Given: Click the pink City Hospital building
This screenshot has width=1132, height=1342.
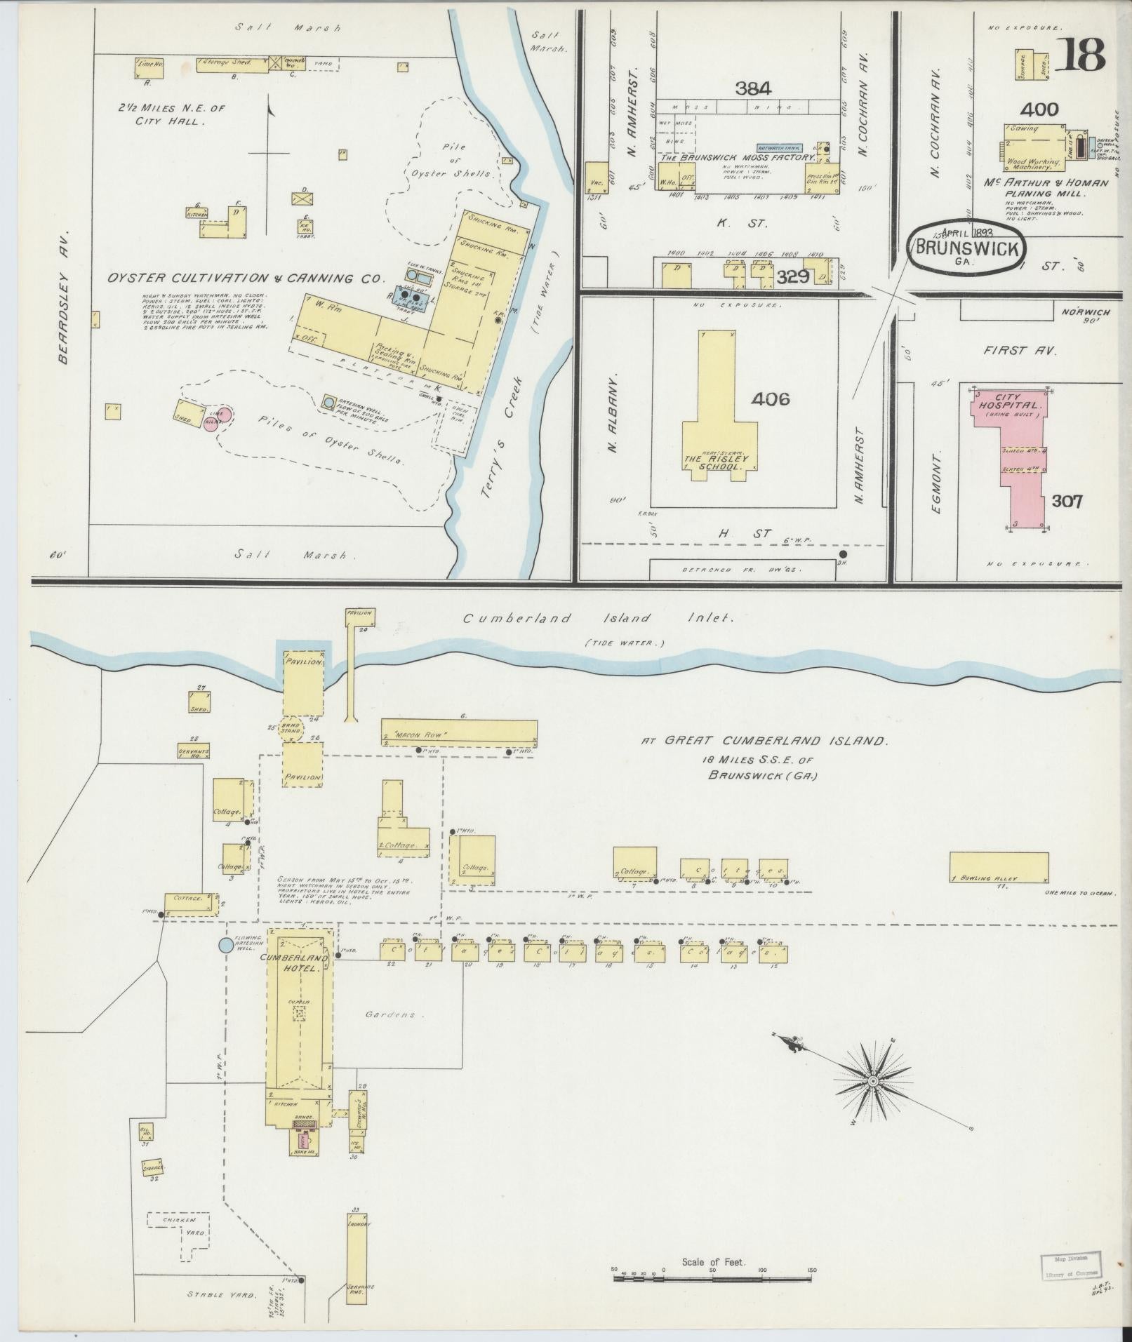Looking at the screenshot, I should pos(1017,456).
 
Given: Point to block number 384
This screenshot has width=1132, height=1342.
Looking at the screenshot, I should pos(753,88).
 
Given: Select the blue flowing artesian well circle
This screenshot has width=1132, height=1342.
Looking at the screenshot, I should pos(225,946).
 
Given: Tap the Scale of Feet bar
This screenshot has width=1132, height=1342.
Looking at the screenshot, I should pos(712,1278).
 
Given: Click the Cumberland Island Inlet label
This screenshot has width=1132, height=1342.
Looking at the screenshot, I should pos(597,619).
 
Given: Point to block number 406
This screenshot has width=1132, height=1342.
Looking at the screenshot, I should pos(770,399).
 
